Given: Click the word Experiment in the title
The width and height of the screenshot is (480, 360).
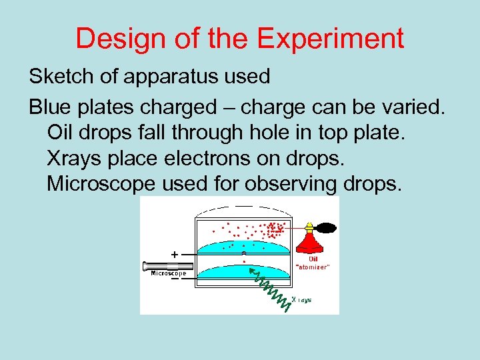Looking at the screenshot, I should (x=331, y=39).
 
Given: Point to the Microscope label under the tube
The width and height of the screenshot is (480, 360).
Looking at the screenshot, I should (x=169, y=273).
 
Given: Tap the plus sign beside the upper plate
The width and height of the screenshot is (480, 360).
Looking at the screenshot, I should (x=174, y=254).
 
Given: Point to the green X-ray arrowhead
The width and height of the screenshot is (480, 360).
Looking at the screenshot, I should (x=251, y=272).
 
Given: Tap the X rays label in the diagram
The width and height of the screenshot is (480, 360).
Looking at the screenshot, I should (x=302, y=300).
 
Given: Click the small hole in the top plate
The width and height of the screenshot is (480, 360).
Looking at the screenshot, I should (x=244, y=253).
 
